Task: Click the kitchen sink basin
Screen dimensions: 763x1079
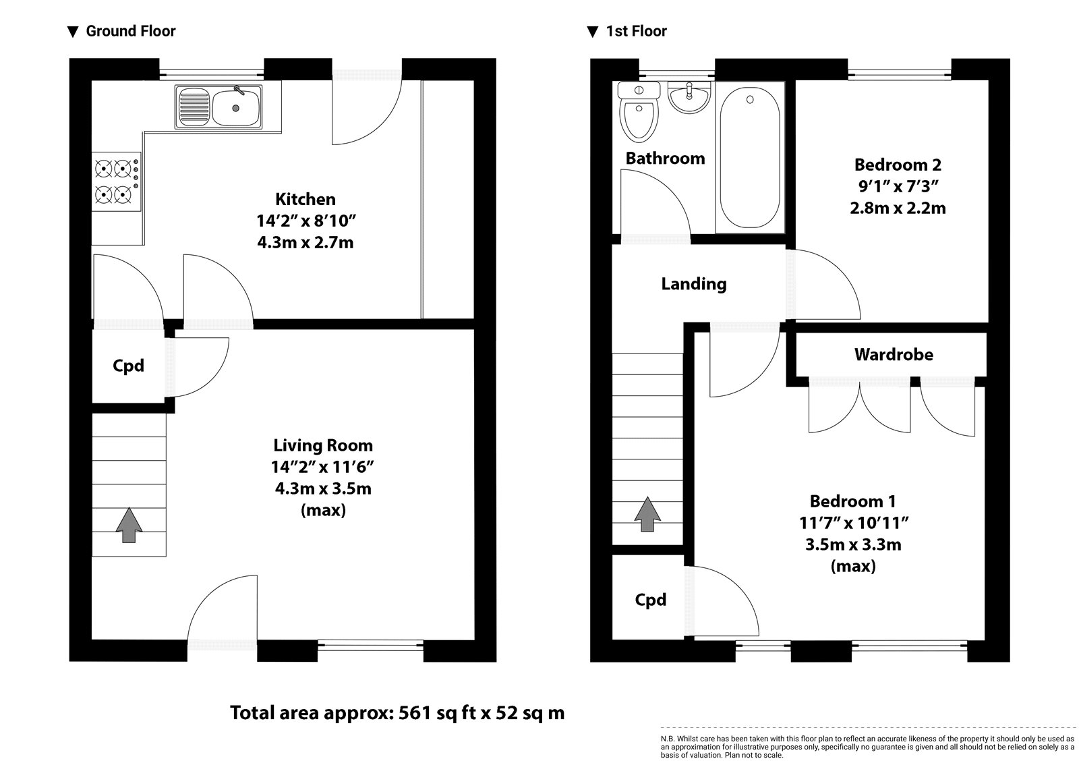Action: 235,107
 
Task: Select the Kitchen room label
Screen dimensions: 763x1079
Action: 305,199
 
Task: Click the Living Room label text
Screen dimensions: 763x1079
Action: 322,445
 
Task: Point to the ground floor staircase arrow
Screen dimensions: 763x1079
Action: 129,526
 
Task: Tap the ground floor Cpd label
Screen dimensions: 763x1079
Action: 128,366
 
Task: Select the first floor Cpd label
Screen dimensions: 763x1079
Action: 650,600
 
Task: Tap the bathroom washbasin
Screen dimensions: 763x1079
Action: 688,96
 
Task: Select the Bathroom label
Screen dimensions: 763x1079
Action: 665,159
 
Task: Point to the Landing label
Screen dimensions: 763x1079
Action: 693,283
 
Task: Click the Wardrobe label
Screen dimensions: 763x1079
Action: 893,354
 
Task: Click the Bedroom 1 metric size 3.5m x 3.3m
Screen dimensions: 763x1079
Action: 853,544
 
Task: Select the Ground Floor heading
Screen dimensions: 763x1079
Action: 130,31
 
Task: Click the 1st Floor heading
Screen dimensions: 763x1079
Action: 636,31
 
